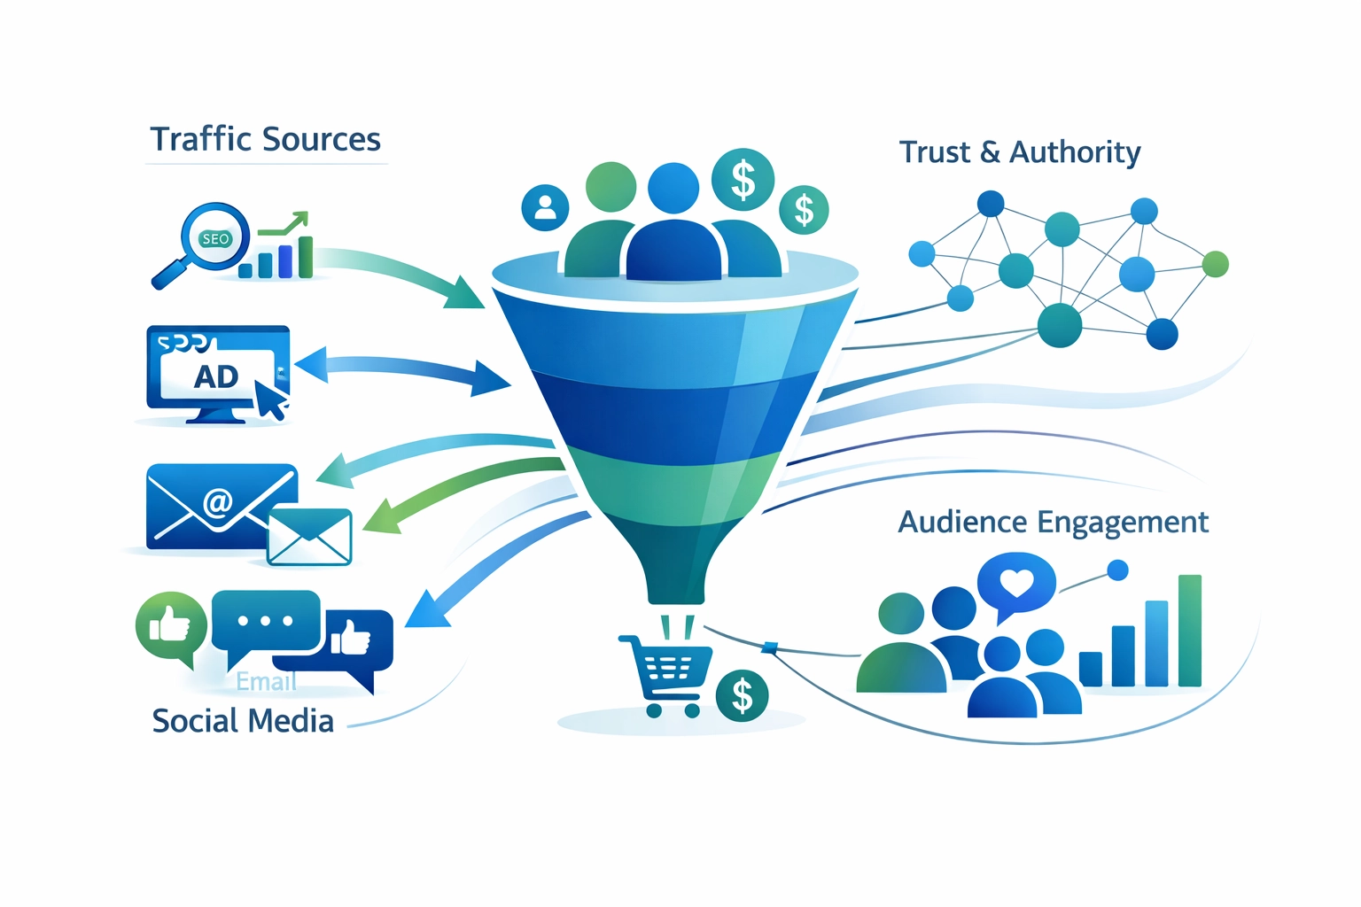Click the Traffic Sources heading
(x=265, y=140)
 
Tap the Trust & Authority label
(x=1019, y=152)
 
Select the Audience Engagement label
(x=1053, y=522)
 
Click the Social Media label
(x=243, y=721)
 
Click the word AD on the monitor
(x=216, y=376)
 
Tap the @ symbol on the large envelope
(x=217, y=502)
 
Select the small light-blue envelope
(x=309, y=537)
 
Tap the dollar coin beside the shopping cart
(x=742, y=696)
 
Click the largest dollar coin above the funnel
(x=743, y=180)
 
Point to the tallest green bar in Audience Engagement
(x=1189, y=631)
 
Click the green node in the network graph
(x=1216, y=263)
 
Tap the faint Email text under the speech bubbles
(x=266, y=682)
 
